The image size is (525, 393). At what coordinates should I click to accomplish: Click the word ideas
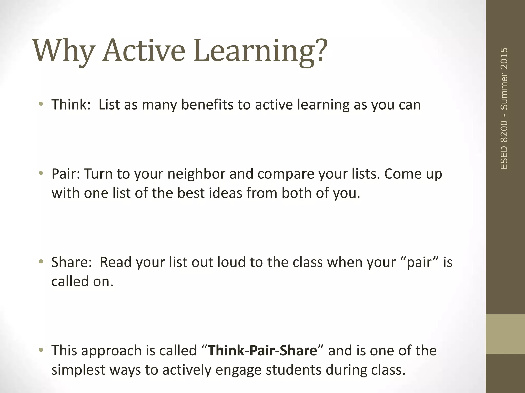click(x=225, y=193)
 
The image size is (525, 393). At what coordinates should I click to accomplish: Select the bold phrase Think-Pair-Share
click(x=262, y=351)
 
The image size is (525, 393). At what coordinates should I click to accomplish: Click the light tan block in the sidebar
click(x=505, y=334)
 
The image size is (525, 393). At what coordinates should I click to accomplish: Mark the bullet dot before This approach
click(x=41, y=350)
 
